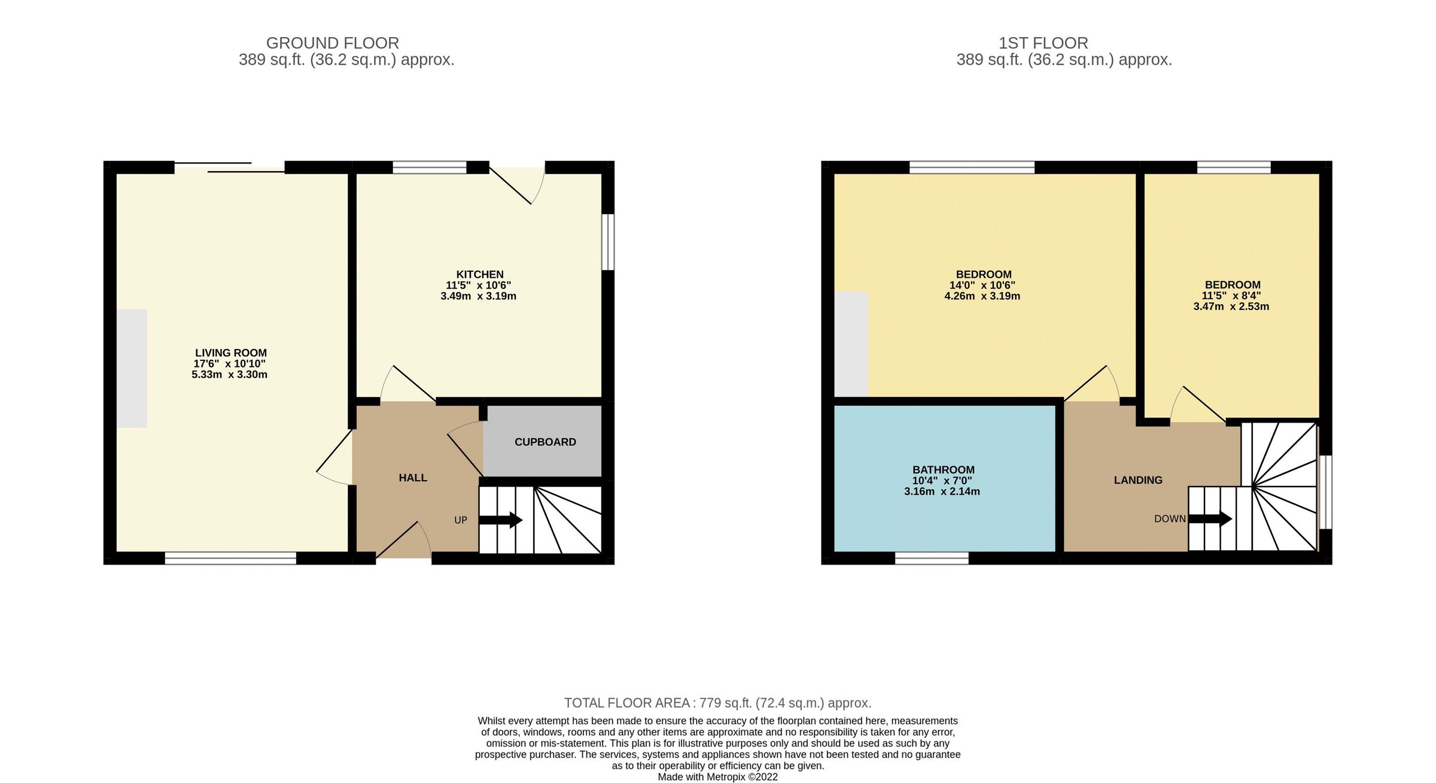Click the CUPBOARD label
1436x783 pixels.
[544, 442]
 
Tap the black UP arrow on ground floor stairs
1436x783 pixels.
[501, 520]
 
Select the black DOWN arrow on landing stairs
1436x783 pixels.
[1210, 518]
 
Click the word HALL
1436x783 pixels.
[413, 478]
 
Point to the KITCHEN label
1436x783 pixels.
[480, 275]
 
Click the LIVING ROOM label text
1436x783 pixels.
[230, 353]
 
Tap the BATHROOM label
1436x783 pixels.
[943, 470]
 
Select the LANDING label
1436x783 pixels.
[1137, 480]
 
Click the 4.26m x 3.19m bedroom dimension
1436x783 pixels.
[982, 296]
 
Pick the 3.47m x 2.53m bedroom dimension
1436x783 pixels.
[1231, 306]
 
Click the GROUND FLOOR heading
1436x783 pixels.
[332, 43]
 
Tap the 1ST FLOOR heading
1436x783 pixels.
[1043, 43]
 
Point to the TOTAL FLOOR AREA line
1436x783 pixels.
[717, 703]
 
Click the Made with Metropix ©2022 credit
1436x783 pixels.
[717, 777]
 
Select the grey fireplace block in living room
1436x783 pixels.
[132, 368]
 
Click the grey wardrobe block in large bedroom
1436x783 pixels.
[851, 344]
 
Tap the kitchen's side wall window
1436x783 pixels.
[608, 242]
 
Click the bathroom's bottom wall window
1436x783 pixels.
[932, 558]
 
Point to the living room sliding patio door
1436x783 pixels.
[229, 167]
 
